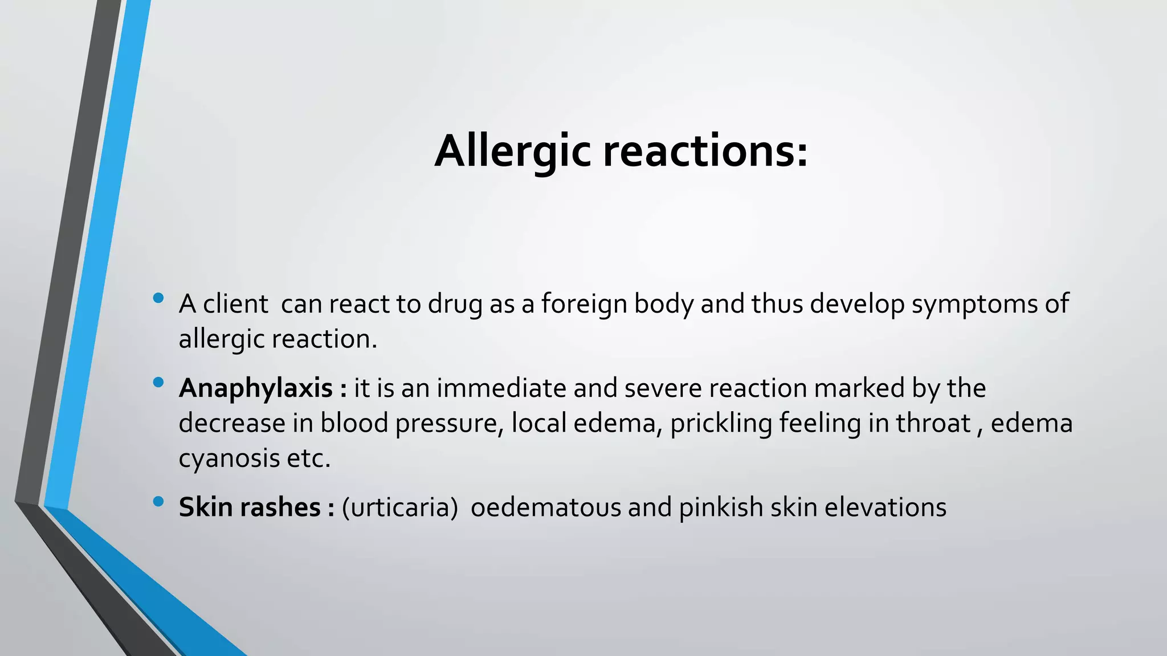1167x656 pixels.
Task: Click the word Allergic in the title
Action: tap(512, 151)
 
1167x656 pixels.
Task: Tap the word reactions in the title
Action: tap(705, 151)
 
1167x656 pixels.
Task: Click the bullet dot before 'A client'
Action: tap(158, 298)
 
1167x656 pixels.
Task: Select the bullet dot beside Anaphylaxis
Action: tap(158, 382)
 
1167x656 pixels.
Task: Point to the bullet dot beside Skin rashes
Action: tap(158, 501)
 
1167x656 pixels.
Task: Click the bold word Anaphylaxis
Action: tap(256, 389)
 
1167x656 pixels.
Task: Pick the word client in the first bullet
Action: tap(235, 304)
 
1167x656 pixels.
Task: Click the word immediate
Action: tap(501, 388)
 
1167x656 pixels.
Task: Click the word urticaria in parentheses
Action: tap(399, 507)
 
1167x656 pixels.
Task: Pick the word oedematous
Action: tap(545, 507)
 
